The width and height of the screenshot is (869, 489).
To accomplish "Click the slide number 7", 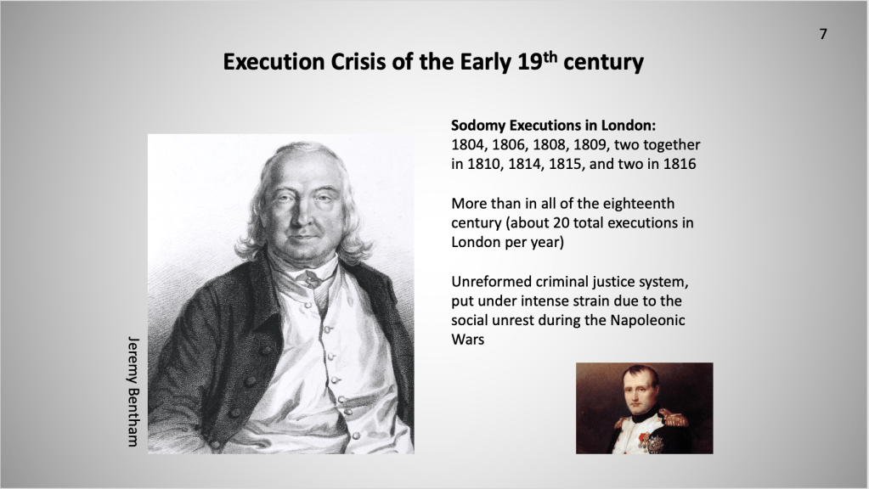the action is point(823,34).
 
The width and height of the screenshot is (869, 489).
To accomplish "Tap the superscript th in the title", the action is point(549,56).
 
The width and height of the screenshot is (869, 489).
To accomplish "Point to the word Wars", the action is point(468,340).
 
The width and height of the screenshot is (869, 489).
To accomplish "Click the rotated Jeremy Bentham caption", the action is point(133,391).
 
